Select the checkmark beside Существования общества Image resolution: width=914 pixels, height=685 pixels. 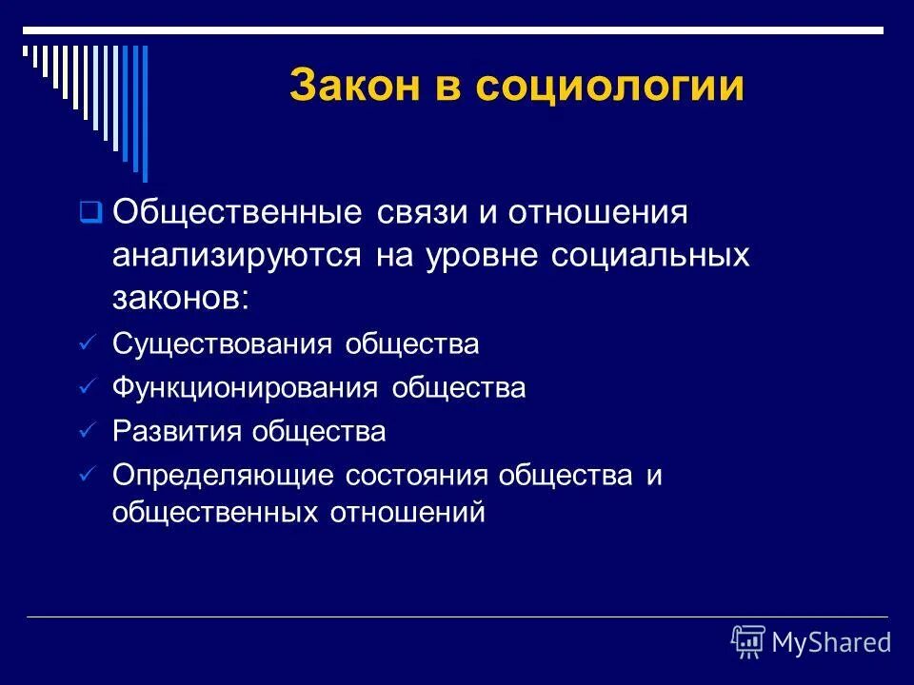[x=88, y=343]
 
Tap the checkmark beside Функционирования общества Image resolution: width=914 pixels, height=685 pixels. [x=88, y=388]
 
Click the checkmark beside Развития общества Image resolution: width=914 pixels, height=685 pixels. [x=88, y=432]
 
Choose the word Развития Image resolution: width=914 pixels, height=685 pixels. [x=177, y=432]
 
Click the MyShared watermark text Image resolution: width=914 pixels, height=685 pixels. [x=831, y=643]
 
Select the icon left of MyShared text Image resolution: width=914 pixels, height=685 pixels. [x=748, y=642]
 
